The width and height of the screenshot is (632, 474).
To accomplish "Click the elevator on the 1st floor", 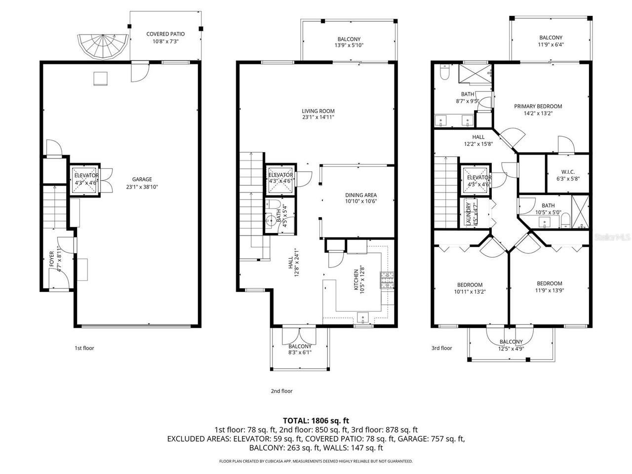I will pyautogui.click(x=86, y=179).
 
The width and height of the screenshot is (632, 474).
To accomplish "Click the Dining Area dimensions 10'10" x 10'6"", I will pyautogui.click(x=360, y=201).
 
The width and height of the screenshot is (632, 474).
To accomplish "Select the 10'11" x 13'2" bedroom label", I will pyautogui.click(x=470, y=288).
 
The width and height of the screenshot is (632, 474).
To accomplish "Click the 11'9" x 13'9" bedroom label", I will pyautogui.click(x=549, y=287).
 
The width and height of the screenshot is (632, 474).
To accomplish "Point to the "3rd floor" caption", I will pyautogui.click(x=441, y=348).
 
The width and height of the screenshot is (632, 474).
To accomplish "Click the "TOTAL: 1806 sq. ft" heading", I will pyautogui.click(x=316, y=421).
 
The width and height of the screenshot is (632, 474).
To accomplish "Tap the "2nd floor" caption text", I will pyautogui.click(x=281, y=391).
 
